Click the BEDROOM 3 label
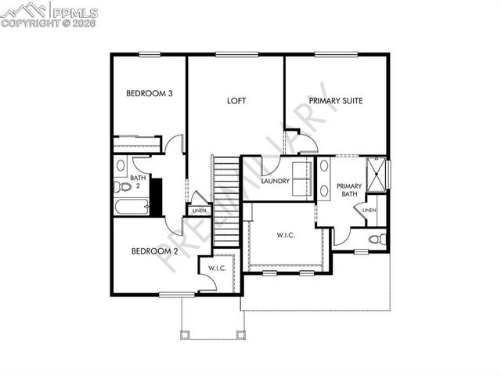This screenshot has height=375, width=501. coord(149,93)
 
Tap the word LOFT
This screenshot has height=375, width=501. coord(236,101)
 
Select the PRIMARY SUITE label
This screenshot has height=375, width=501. coord(335,101)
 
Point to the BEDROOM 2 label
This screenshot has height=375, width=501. coord(154,251)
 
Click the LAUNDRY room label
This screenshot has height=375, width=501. coord(276,182)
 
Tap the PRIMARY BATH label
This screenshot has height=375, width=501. coord(349,190)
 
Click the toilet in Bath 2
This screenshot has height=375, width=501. coord(123,187)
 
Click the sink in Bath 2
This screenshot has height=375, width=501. coord(121,167)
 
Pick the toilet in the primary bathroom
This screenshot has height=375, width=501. coord(375,238)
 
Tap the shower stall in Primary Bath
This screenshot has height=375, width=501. coord(377,175)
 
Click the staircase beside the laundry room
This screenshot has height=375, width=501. coord(226,200)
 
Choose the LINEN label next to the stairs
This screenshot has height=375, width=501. coord(200,210)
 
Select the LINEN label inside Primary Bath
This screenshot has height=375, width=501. coord(369,210)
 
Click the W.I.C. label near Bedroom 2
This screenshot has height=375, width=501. coord(216,269)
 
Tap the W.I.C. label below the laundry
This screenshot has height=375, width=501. coord(285,235)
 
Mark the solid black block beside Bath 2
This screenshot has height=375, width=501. coord(156,197)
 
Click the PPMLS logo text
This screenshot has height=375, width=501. coord(74,12)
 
